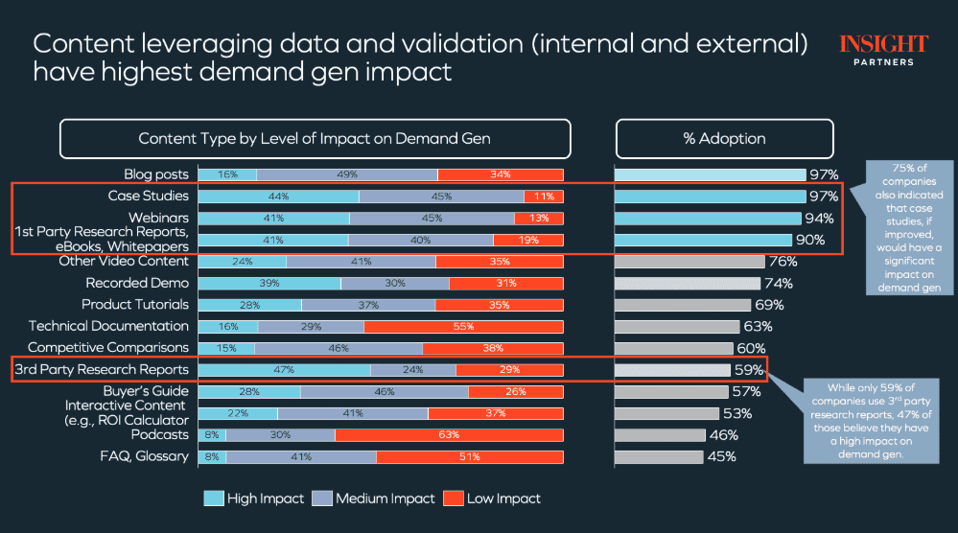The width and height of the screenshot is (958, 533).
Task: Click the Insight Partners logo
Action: pos(882,49)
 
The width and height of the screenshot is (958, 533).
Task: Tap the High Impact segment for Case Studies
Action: pos(279,196)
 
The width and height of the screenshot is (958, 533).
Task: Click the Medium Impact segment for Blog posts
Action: pos(347,174)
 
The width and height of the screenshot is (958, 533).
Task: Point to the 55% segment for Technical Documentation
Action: pos(463,327)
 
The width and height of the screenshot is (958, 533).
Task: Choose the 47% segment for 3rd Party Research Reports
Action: pos(284,370)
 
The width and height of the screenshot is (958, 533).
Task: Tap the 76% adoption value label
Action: pos(783,262)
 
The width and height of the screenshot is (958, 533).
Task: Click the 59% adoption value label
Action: pos(749,370)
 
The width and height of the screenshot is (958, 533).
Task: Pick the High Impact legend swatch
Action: pos(214,498)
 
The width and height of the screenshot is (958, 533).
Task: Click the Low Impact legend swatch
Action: pos(452,498)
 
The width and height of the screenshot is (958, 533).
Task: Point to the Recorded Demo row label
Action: pos(137,283)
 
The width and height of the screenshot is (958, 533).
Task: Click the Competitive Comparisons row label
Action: pos(108,348)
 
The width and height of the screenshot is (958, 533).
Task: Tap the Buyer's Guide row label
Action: pos(146,391)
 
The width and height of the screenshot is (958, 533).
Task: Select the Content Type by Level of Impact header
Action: pos(315,139)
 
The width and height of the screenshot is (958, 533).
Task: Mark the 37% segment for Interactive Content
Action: pos(496,413)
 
